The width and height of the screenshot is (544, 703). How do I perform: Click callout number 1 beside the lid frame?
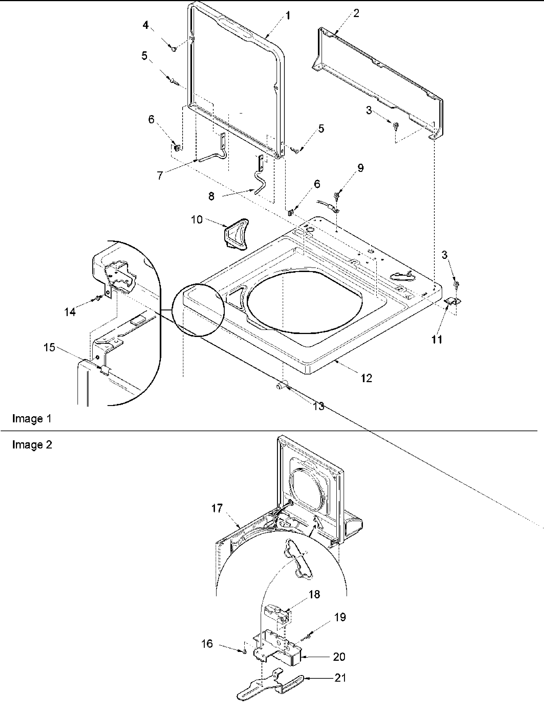click(288, 15)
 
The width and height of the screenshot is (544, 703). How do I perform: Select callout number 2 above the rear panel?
click(356, 13)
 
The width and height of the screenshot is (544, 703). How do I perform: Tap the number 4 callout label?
click(146, 25)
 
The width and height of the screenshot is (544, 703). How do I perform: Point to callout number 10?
click(197, 220)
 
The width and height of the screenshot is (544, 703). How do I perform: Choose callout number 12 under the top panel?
click(366, 378)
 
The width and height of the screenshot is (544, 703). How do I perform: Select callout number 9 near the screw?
click(360, 168)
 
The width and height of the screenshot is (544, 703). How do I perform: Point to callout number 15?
click(50, 348)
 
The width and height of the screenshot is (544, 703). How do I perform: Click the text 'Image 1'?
click(32, 418)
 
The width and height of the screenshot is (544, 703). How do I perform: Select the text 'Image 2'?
click(32, 445)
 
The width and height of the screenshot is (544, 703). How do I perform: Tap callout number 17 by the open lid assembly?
click(217, 508)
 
